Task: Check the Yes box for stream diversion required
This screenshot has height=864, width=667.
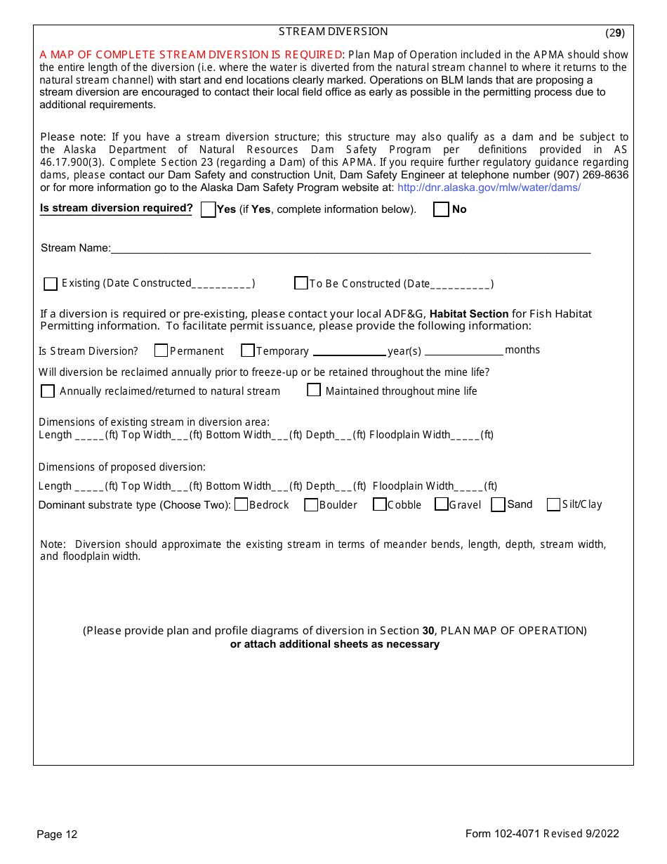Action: click(208, 210)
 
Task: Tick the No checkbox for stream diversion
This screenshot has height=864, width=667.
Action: click(441, 210)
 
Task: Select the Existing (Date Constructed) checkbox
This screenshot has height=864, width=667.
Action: click(51, 284)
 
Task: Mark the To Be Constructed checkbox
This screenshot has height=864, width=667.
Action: click(301, 283)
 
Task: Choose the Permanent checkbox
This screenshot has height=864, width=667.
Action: click(161, 351)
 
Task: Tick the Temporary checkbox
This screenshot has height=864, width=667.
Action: click(248, 351)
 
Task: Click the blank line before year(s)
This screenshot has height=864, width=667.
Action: click(349, 351)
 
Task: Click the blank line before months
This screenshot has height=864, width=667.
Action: click(463, 351)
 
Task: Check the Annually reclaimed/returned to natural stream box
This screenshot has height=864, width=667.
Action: click(48, 391)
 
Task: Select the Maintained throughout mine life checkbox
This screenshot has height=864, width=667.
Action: click(314, 390)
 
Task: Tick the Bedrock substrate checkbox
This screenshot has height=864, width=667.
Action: click(241, 504)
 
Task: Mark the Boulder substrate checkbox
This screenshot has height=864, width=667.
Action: click(311, 505)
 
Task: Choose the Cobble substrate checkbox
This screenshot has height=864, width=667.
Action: click(380, 504)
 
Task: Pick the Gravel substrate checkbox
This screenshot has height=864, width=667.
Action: click(442, 504)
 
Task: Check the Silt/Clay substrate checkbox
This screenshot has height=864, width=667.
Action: click(553, 504)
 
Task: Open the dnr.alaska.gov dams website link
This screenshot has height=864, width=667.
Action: click(489, 188)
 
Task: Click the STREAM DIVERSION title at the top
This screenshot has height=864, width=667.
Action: click(333, 32)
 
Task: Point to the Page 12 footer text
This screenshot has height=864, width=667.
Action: click(57, 834)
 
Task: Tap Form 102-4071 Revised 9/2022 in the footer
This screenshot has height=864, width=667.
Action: click(542, 834)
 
